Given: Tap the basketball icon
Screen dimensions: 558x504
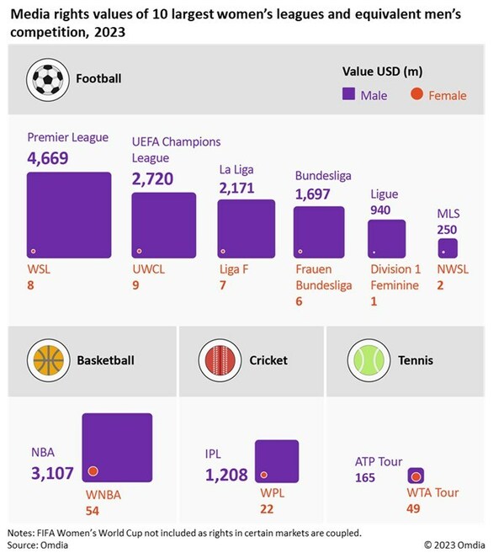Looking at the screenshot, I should click(x=49, y=360).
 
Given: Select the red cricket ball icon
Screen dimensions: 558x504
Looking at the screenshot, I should click(x=221, y=360).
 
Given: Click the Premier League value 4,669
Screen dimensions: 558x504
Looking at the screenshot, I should click(x=47, y=157).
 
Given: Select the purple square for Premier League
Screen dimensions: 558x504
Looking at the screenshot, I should click(x=69, y=215).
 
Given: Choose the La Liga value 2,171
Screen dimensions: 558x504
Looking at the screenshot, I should click(x=236, y=187).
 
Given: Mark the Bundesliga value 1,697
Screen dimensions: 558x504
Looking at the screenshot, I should click(x=313, y=194).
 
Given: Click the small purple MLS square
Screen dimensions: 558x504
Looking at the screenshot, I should click(x=448, y=248).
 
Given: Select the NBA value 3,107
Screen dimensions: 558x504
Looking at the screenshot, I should click(x=54, y=474).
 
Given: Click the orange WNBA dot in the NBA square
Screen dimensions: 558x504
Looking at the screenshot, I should click(x=93, y=471).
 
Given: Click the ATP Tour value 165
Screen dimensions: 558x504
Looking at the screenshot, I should click(x=366, y=478).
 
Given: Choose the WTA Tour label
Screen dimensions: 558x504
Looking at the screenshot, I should click(x=434, y=492).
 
